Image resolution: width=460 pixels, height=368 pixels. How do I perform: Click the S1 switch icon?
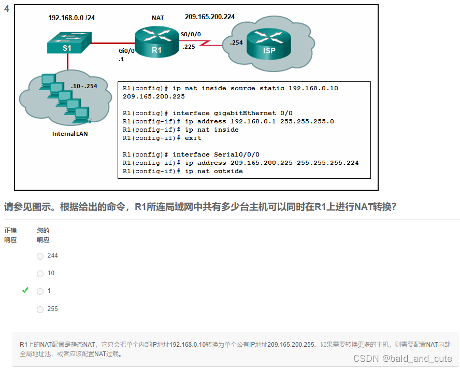click(68, 43)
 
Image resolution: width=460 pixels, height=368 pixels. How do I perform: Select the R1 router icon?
click(157, 43)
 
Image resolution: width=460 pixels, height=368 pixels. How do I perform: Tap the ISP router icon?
click(269, 44)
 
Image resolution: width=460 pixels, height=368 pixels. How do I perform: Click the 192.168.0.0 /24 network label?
click(71, 18)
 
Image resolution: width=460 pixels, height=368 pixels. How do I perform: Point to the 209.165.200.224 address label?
click(210, 17)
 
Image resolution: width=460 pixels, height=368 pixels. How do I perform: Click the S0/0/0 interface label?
click(191, 34)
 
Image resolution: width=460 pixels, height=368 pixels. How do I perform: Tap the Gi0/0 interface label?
click(126, 51)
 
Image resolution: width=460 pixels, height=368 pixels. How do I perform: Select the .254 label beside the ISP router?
click(237, 43)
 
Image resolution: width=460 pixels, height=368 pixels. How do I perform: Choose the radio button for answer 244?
click(40, 256)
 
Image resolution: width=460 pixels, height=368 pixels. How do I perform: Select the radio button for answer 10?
click(40, 274)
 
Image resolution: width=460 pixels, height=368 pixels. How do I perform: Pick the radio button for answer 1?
click(40, 291)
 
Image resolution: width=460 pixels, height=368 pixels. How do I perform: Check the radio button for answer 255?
click(40, 309)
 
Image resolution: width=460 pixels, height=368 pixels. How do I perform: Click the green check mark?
click(25, 291)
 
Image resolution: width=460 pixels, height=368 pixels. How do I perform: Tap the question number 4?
click(7, 9)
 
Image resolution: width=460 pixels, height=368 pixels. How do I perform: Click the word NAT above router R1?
click(158, 18)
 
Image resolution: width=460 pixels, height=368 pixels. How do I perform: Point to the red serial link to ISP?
click(212, 44)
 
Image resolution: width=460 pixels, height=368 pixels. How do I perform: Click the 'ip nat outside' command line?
click(183, 171)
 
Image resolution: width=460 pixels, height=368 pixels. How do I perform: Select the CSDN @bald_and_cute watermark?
click(403, 359)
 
